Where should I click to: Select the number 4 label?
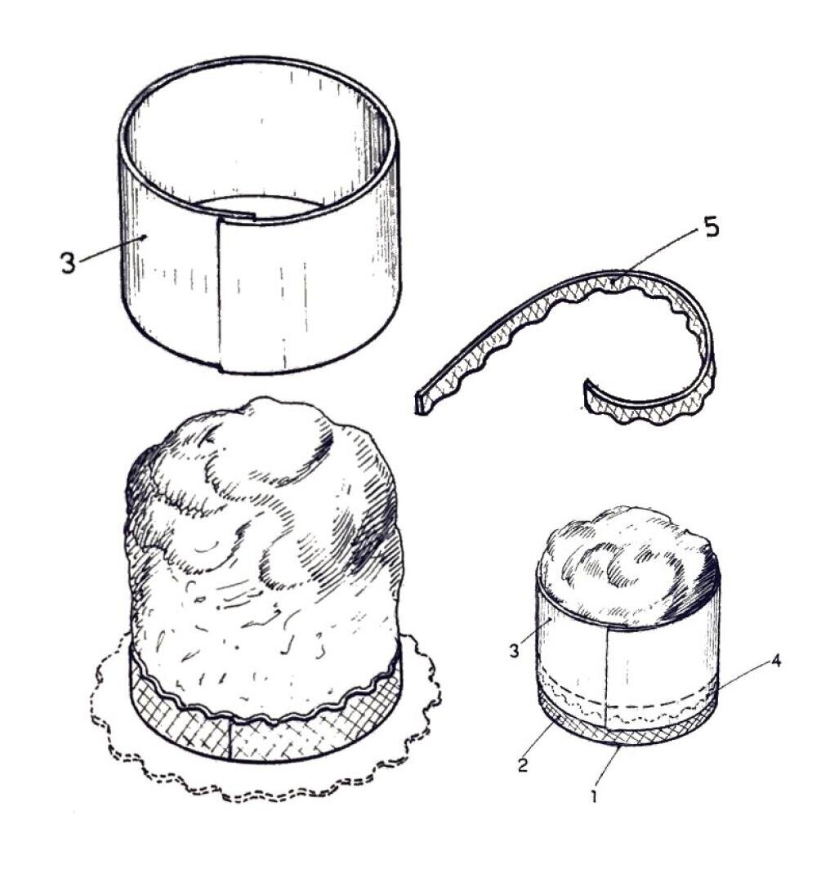tap(775, 661)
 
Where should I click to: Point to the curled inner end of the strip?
tap(590, 393)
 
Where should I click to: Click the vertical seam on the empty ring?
tap(220, 294)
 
